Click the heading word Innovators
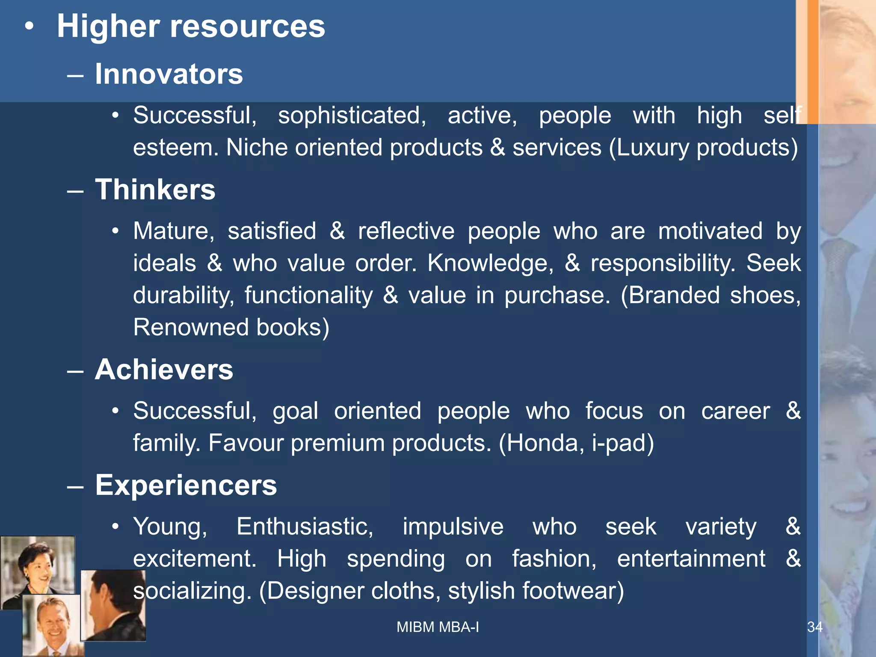tap(169, 74)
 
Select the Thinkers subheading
tap(155, 189)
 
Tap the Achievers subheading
tap(164, 370)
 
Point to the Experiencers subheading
tap(186, 485)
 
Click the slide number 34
tap(814, 627)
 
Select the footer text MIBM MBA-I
tap(438, 627)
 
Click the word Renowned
tap(191, 328)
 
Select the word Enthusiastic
tap(305, 527)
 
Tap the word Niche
tap(256, 148)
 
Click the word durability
tap(183, 296)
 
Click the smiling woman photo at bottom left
tap(38, 569)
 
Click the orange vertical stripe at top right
tap(812, 60)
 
